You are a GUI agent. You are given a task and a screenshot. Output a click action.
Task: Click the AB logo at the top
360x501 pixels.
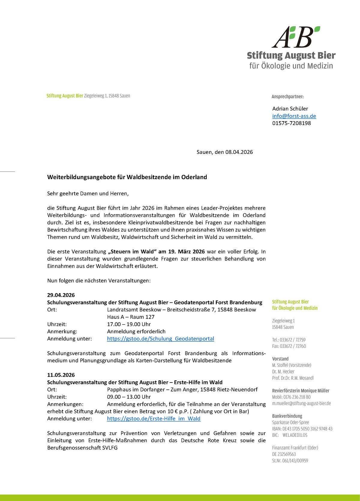click(296, 37)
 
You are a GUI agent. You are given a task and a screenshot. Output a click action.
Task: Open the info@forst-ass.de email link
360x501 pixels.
click(294, 116)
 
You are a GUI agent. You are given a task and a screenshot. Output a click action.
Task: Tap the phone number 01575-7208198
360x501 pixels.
click(291, 123)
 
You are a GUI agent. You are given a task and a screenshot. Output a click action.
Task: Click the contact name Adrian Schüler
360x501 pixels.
click(290, 109)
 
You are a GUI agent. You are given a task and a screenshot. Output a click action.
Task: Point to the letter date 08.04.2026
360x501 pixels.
click(239, 152)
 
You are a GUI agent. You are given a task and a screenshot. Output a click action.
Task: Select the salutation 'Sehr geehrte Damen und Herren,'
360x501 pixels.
click(88, 193)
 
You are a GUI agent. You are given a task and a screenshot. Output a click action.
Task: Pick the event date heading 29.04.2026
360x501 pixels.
click(61, 295)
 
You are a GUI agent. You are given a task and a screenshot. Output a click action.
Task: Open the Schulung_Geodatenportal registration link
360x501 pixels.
click(160, 339)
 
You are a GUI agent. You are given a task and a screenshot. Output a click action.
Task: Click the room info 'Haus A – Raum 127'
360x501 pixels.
click(131, 317)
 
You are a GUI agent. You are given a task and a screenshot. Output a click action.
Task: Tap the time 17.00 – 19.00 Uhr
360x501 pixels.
click(129, 324)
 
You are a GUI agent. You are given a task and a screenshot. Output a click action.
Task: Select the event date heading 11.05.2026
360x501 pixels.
click(61, 375)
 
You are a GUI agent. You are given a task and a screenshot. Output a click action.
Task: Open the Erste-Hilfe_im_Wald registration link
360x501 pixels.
click(154, 418)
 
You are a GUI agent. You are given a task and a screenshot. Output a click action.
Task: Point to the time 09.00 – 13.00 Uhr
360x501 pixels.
click(129, 397)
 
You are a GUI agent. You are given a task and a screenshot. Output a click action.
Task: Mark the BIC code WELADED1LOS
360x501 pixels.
click(295, 435)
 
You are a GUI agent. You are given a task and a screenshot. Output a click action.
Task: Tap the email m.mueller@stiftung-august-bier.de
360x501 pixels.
click(301, 403)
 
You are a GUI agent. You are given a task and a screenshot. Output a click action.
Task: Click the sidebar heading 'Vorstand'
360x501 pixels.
click(280, 359)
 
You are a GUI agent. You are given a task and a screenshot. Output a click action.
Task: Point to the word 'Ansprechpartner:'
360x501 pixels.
click(287, 97)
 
